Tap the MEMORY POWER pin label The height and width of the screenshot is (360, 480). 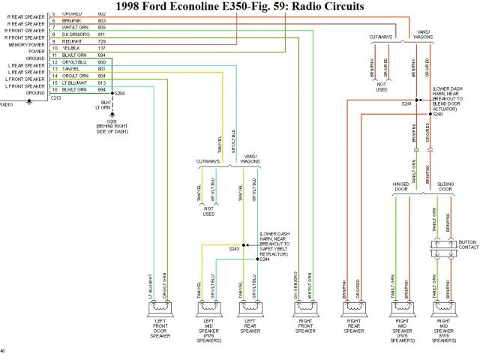(x=26, y=44)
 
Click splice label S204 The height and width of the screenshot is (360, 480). (x=120, y=93)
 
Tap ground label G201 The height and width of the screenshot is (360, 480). (x=111, y=120)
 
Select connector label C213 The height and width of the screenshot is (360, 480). (x=57, y=97)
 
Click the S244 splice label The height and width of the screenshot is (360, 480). (x=264, y=259)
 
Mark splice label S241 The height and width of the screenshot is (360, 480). (x=406, y=103)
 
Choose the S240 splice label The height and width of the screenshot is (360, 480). (x=438, y=113)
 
